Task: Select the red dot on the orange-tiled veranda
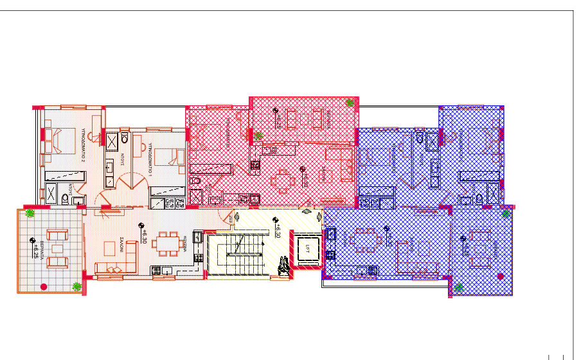coord(43,286)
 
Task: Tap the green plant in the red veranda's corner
coord(350,102)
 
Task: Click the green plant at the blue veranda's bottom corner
coord(459,287)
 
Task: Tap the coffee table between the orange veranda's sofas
coord(58,248)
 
